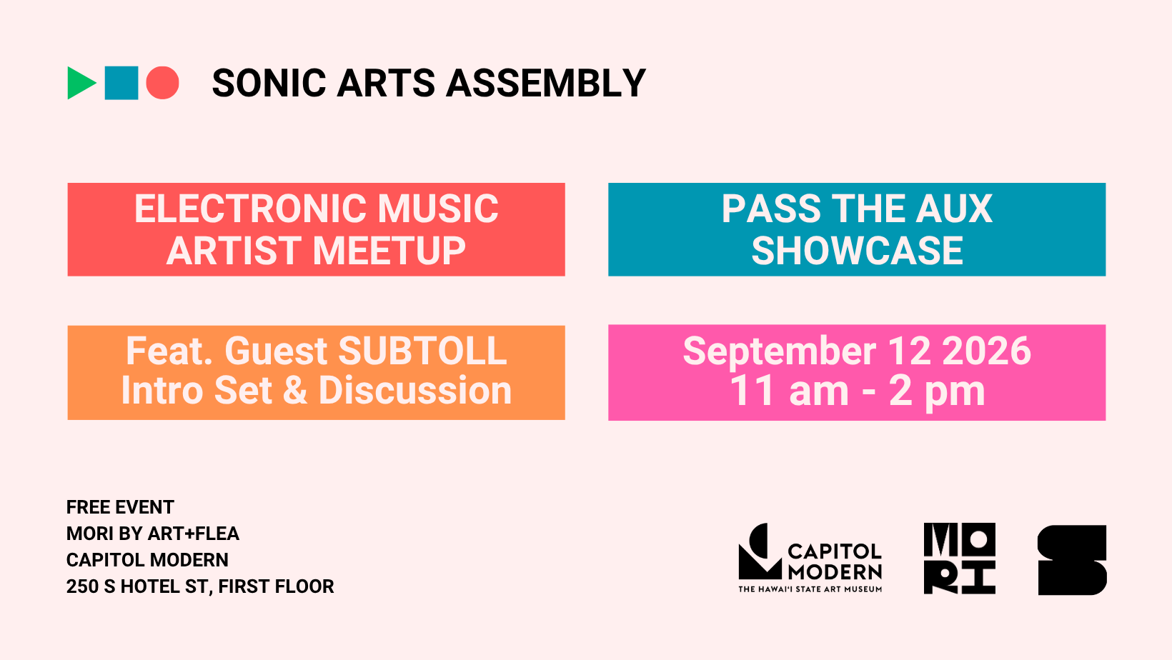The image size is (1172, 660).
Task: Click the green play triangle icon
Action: (80, 83)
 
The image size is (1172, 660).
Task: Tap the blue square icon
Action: (121, 83)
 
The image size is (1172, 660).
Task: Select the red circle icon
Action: (163, 83)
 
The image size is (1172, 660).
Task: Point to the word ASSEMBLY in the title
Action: (546, 83)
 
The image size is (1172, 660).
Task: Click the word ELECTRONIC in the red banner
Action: (251, 209)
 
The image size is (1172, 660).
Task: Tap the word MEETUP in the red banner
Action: (389, 251)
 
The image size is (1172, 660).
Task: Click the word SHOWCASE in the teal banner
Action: (857, 251)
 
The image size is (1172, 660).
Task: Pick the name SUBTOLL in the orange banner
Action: (423, 351)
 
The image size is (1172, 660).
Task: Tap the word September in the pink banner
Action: (779, 351)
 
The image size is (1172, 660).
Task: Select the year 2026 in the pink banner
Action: (986, 351)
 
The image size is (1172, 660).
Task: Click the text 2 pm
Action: (937, 391)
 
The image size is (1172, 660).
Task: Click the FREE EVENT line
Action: (120, 507)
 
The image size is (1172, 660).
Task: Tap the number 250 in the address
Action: (82, 586)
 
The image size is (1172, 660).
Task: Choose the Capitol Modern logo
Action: (810, 558)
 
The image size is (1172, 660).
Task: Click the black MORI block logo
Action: (960, 559)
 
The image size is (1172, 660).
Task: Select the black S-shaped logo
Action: (1072, 560)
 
